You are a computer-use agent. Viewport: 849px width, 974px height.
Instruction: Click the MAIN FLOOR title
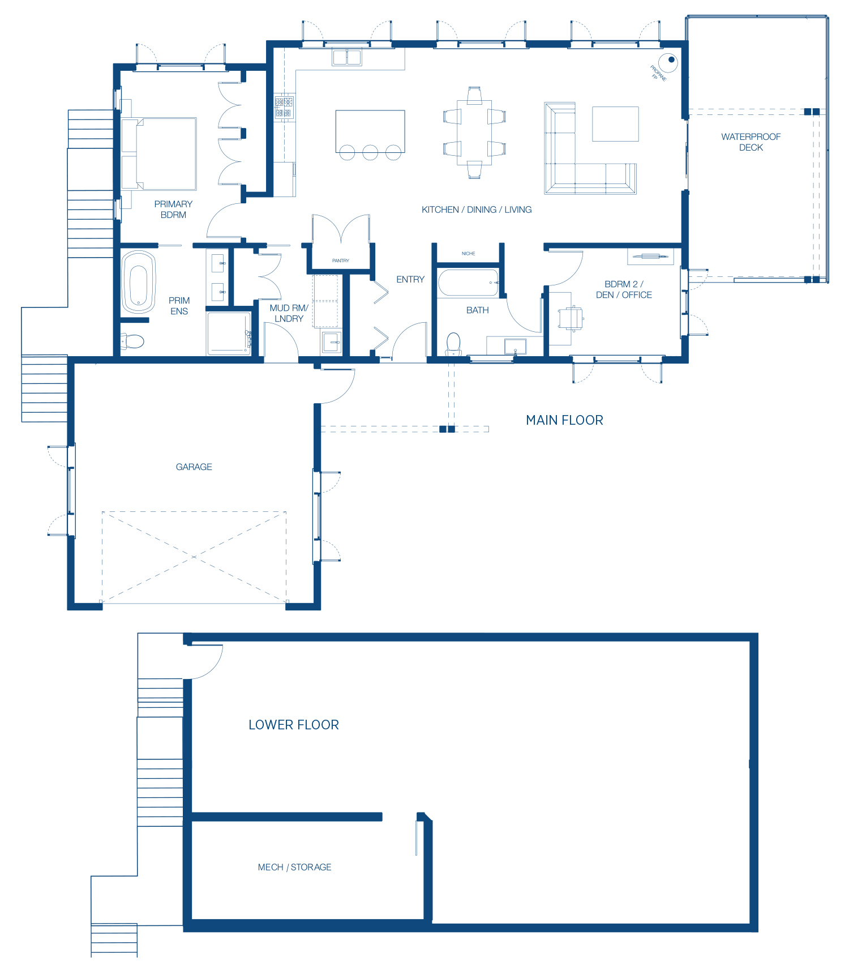tap(564, 420)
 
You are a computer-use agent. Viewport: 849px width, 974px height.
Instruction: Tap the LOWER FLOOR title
tap(294, 725)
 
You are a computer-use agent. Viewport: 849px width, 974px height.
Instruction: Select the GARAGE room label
tap(194, 467)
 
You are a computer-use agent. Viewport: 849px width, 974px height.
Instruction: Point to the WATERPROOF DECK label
tap(751, 142)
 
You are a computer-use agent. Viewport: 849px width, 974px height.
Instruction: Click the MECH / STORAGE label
tap(294, 867)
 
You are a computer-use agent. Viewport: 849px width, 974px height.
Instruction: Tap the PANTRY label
tap(341, 260)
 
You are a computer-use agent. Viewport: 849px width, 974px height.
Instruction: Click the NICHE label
tap(468, 254)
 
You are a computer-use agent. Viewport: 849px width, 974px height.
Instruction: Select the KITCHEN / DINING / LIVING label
tap(477, 210)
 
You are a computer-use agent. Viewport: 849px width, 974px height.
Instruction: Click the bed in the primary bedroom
tap(159, 153)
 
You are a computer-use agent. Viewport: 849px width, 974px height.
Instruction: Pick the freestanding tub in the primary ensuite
tap(139, 281)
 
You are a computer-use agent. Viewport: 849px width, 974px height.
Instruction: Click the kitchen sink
tap(347, 57)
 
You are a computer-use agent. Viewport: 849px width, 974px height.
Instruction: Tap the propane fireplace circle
tap(669, 62)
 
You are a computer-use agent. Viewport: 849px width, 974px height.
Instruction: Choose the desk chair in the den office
tap(571, 318)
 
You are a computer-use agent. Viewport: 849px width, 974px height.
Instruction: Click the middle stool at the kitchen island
tap(370, 152)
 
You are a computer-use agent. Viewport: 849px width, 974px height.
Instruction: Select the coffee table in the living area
tap(615, 124)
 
